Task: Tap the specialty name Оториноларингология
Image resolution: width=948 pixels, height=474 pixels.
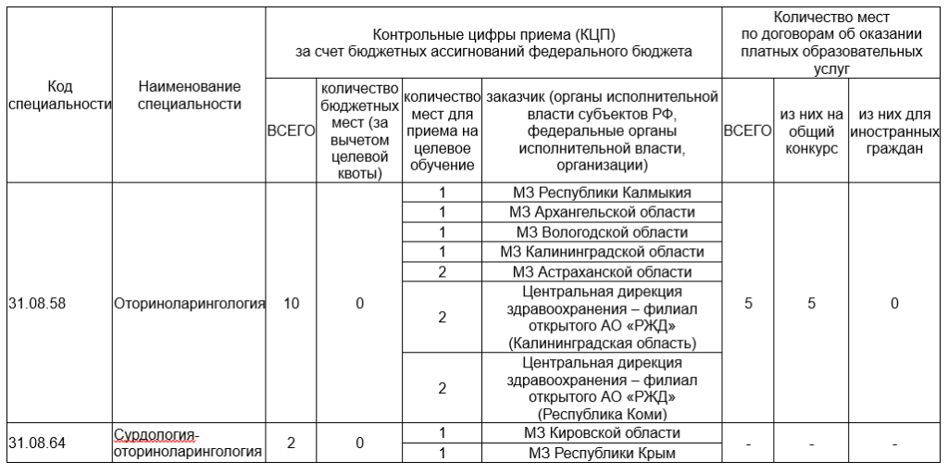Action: click(189, 302)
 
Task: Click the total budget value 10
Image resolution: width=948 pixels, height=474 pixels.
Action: click(291, 302)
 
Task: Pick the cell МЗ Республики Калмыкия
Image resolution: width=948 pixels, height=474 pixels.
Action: click(602, 193)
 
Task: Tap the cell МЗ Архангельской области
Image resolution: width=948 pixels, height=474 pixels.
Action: click(602, 212)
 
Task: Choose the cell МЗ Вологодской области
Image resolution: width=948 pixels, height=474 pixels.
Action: click(602, 231)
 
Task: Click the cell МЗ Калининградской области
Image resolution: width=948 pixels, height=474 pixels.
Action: click(602, 252)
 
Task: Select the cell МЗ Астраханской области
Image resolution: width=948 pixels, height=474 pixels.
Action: click(602, 272)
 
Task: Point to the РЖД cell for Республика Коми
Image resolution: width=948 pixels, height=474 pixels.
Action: click(602, 389)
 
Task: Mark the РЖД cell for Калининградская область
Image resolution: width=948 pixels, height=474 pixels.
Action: click(602, 318)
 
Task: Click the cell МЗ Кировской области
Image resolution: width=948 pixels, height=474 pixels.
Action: click(602, 433)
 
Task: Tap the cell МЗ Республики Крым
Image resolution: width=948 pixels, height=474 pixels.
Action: click(602, 454)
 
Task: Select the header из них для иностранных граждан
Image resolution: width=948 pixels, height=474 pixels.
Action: click(895, 131)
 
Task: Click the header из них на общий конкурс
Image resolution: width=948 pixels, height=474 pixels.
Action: click(810, 131)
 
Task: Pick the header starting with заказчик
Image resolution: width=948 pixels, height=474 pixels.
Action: click(602, 131)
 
